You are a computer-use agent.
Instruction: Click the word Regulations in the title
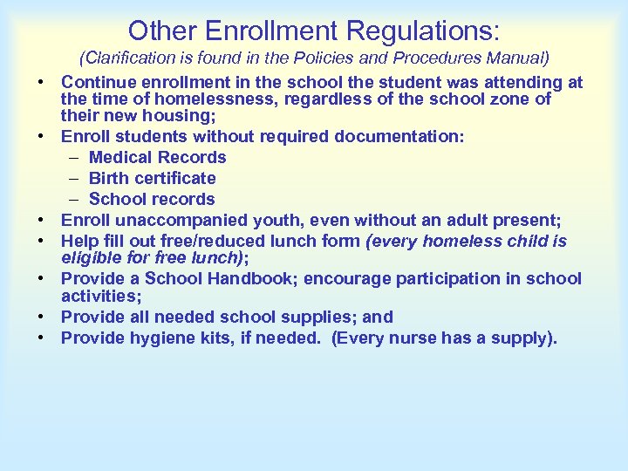point(423,31)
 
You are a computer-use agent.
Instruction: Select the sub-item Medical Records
point(157,158)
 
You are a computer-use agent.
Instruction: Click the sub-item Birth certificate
point(152,179)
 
